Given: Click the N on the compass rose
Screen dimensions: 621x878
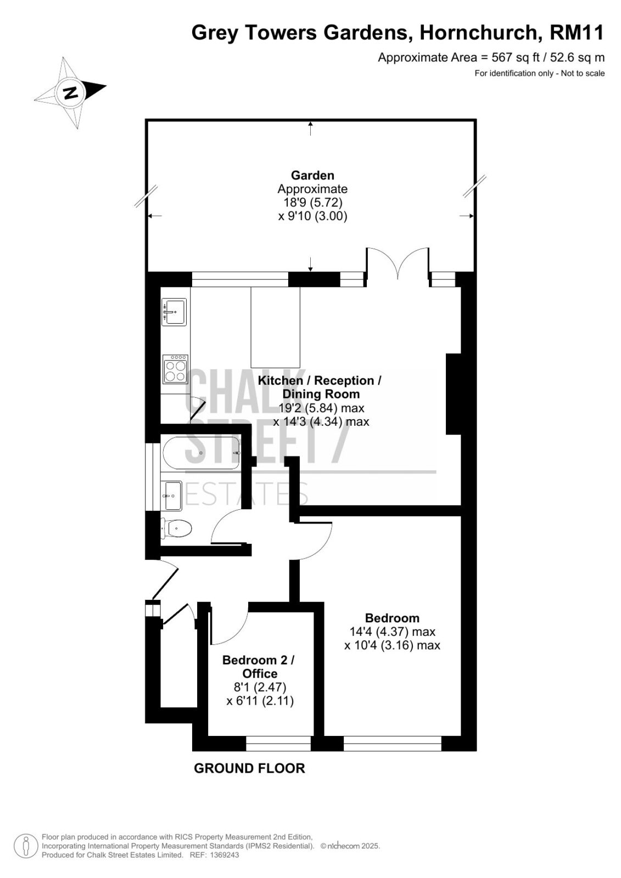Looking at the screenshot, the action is point(70,93).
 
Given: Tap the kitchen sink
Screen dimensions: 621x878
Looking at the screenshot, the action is point(174,312).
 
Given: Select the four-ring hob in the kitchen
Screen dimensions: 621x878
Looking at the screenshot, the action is point(175,369).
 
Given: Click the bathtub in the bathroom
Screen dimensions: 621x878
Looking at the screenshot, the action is point(202,453).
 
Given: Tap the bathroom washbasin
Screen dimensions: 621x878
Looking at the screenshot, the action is point(172,496).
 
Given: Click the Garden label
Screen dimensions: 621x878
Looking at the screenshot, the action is point(312,175).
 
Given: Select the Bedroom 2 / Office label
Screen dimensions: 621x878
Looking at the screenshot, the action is point(259,667).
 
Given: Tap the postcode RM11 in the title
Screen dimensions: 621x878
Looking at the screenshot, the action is point(577,32).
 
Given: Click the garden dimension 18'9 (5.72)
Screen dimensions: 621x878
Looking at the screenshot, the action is point(312,202).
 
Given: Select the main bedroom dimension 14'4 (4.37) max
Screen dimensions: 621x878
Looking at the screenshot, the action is point(392,632).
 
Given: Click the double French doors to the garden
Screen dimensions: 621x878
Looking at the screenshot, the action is point(398,263).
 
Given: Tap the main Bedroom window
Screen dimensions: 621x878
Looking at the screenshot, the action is point(392,743).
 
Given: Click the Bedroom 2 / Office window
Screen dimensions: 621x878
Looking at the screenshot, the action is point(278,743).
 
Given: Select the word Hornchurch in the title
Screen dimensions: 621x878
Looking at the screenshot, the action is point(479,32).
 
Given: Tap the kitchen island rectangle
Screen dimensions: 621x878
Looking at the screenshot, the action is point(276,327).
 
